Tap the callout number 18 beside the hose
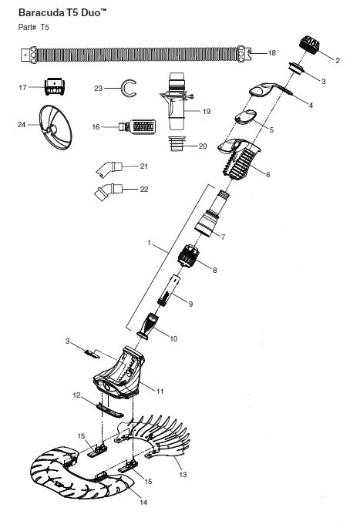pos(272,53)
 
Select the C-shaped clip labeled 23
pos(130,89)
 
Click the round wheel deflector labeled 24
pos(56,123)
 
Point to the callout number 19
pos(207,111)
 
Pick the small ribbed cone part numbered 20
pos(177,144)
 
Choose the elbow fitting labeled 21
pos(109,168)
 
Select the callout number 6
pos(268,174)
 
